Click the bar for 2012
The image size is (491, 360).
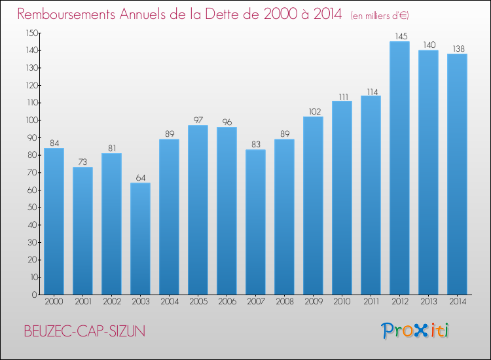pyautogui.click(x=399, y=168)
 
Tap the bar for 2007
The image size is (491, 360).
pyautogui.click(x=255, y=222)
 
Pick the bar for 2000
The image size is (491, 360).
pyautogui.click(x=54, y=221)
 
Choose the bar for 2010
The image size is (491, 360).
pyautogui.click(x=342, y=198)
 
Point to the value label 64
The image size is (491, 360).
pyautogui.click(x=140, y=178)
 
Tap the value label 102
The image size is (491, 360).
pyautogui.click(x=313, y=112)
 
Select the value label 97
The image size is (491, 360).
pyautogui.click(x=198, y=120)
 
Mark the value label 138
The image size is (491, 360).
pyautogui.click(x=457, y=49)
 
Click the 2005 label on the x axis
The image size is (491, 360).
pyautogui.click(x=198, y=301)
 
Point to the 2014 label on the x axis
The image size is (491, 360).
pyautogui.click(x=457, y=301)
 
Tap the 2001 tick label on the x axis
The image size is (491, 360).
pyautogui.click(x=82, y=301)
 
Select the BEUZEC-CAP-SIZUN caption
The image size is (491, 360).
pyautogui.click(x=84, y=331)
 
